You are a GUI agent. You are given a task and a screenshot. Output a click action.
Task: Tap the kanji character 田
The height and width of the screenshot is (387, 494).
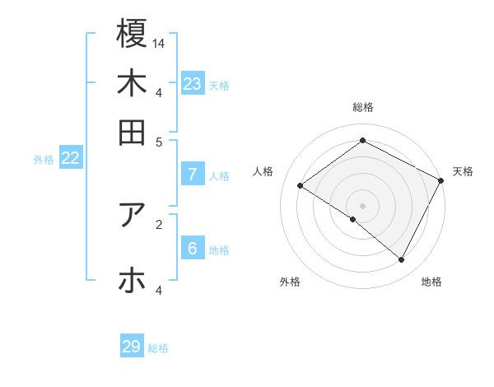coord(132,132)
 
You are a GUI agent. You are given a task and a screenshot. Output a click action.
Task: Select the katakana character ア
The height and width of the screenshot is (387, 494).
coord(132,215)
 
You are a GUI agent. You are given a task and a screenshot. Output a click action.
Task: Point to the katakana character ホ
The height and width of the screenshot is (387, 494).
coord(132,281)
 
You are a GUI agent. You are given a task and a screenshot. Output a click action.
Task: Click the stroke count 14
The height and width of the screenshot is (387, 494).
coord(159,42)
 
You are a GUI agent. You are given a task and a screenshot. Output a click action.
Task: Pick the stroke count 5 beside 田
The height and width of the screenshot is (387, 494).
coord(159,141)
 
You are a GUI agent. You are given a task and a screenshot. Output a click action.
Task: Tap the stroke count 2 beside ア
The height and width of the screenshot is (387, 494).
coord(159,223)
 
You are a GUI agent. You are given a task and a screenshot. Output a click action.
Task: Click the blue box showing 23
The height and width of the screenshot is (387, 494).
coord(193,83)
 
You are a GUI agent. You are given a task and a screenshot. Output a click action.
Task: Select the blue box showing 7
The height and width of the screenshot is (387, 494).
coord(193,174)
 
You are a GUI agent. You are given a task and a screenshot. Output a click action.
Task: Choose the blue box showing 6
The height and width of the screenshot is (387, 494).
coord(193,248)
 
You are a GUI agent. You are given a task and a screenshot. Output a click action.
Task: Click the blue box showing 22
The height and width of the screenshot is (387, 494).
coord(70,158)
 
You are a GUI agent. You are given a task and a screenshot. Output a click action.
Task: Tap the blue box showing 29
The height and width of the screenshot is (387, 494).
coord(132,347)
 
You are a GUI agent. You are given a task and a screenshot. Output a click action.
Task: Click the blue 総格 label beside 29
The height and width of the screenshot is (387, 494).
coord(158,348)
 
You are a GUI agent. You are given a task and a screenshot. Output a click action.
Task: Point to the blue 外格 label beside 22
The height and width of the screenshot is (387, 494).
coord(44,160)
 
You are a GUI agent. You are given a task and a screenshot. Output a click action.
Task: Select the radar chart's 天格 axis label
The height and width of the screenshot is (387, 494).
coord(463,171)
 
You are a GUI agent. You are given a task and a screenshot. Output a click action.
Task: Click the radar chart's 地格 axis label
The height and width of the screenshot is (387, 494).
coord(431,282)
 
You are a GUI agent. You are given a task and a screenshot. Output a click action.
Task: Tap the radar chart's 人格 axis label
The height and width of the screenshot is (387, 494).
coord(263,171)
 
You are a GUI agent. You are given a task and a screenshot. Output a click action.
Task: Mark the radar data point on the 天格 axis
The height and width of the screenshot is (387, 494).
coord(441,180)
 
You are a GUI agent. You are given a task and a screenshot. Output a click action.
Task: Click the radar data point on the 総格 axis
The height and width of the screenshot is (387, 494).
coord(362,140)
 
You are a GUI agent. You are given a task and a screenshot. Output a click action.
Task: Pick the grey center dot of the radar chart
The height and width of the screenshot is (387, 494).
coord(362,205)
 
